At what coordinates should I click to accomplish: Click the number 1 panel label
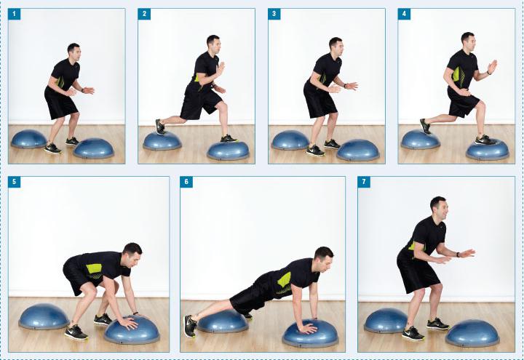(15, 14)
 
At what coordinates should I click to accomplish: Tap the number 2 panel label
(144, 14)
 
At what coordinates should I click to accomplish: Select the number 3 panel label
(274, 14)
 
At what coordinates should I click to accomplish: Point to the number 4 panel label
(405, 14)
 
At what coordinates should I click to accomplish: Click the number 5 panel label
(15, 182)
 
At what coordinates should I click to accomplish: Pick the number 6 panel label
(186, 182)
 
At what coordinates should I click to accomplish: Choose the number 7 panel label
(364, 182)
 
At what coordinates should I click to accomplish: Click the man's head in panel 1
(74, 51)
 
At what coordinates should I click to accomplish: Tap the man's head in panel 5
(132, 255)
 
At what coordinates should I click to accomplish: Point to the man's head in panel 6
(323, 257)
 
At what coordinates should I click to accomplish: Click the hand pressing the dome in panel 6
(308, 329)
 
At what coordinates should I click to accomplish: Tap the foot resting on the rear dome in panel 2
(160, 127)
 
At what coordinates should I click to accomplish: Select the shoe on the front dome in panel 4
(485, 140)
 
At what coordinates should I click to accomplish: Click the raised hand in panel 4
(492, 66)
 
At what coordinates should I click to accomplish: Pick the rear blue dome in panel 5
(44, 316)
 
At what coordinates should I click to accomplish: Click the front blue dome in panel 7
(472, 333)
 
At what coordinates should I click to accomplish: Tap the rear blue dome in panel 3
(290, 140)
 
